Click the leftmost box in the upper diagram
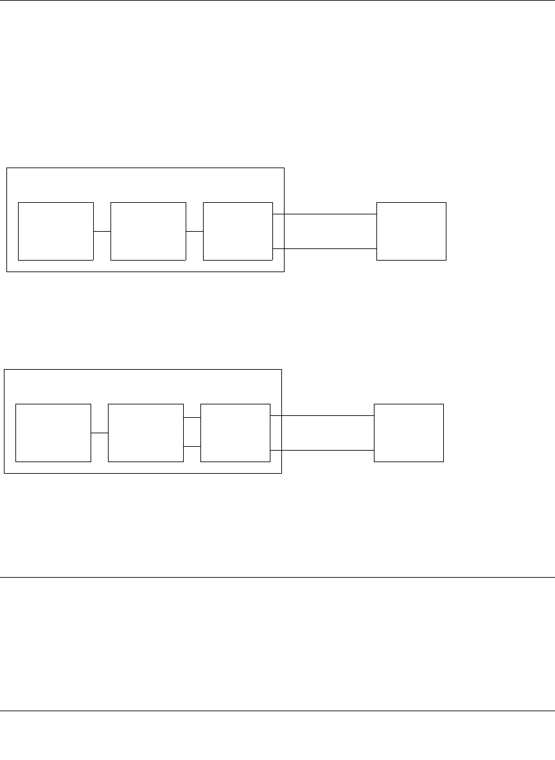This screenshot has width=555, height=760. [x=56, y=231]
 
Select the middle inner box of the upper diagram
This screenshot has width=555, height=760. [x=148, y=231]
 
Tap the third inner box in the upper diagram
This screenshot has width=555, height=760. [x=238, y=231]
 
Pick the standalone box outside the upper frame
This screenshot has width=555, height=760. [x=411, y=231]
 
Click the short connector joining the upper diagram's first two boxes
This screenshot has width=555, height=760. [x=102, y=231]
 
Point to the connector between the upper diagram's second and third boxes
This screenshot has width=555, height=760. [x=195, y=231]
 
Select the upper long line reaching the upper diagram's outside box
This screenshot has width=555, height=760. [x=324, y=214]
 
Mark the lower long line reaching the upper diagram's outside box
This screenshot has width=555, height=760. [x=324, y=248]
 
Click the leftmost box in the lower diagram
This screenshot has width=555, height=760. [x=53, y=433]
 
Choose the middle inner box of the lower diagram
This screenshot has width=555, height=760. [x=146, y=433]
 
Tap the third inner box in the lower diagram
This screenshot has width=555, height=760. [x=235, y=433]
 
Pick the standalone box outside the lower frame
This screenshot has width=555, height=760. [x=409, y=433]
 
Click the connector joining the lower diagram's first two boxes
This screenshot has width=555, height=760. [x=100, y=433]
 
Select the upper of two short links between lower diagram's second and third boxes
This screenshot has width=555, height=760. [x=192, y=418]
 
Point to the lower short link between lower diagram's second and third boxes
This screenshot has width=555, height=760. [x=192, y=446]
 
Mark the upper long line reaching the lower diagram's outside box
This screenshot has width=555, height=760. [x=322, y=416]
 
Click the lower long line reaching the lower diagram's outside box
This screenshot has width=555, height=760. [x=322, y=451]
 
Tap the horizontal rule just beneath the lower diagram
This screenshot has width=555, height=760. [x=277, y=577]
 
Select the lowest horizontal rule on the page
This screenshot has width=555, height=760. [x=277, y=711]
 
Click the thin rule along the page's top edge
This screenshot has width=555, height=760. [x=277, y=1]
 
